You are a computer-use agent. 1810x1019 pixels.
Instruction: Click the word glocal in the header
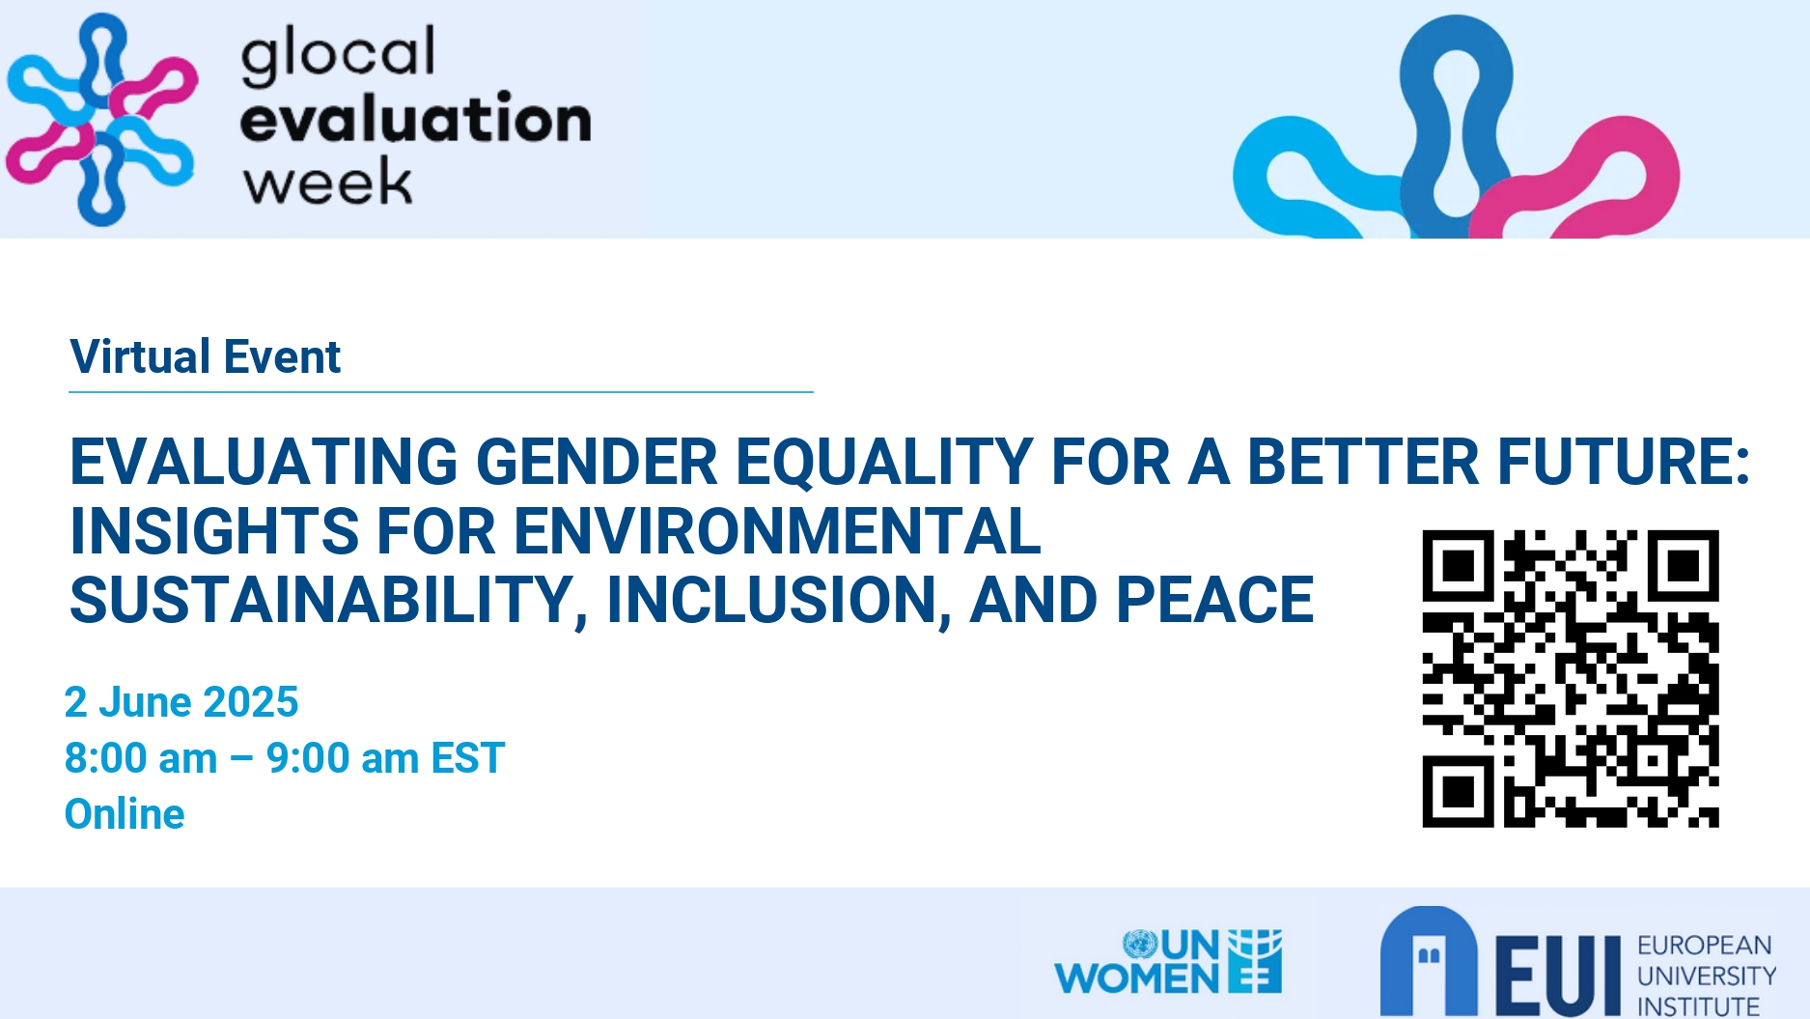click(x=338, y=56)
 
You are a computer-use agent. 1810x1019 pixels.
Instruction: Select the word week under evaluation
click(x=327, y=181)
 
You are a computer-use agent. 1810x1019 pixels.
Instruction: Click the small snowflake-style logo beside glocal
click(x=101, y=119)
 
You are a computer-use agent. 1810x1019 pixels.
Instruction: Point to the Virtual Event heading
click(x=206, y=356)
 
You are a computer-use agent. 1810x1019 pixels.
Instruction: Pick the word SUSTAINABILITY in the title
click(x=322, y=600)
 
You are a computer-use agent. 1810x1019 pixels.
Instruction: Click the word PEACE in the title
click(x=1215, y=600)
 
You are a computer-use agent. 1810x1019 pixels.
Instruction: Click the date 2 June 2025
click(x=181, y=702)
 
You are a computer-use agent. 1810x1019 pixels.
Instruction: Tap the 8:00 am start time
click(x=141, y=758)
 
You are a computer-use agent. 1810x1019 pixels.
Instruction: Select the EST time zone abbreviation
click(x=468, y=758)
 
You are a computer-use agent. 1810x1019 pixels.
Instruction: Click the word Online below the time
click(x=125, y=814)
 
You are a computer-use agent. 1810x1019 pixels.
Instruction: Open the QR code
click(x=1571, y=678)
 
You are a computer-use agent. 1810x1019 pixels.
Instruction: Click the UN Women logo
click(x=1169, y=962)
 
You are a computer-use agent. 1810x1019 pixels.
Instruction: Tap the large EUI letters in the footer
click(x=1557, y=975)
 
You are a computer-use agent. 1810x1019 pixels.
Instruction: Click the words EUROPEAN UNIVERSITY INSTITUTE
click(x=1707, y=976)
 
